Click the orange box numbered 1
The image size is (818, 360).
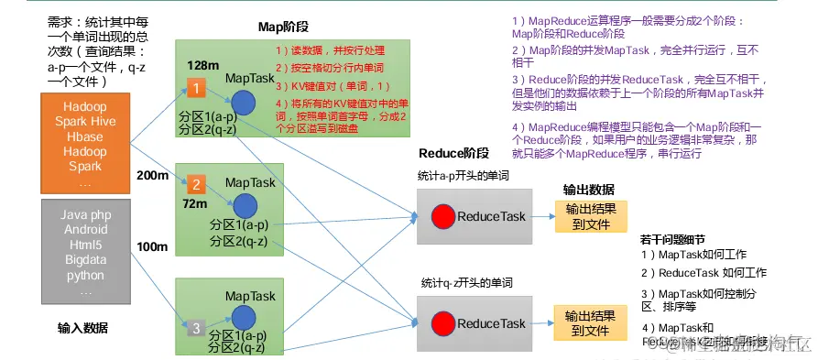195,88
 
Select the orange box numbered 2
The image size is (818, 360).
195,182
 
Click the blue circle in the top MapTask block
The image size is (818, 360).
243,103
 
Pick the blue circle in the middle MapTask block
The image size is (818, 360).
244,206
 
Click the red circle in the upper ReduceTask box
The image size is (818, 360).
444,217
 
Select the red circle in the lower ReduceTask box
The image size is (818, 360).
444,323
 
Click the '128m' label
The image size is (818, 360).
202,65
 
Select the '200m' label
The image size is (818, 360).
151,175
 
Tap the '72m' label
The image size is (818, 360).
194,202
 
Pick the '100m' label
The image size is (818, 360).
151,247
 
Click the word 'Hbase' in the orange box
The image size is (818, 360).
84,136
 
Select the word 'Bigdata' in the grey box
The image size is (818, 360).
84,260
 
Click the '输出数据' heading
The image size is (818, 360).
589,190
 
